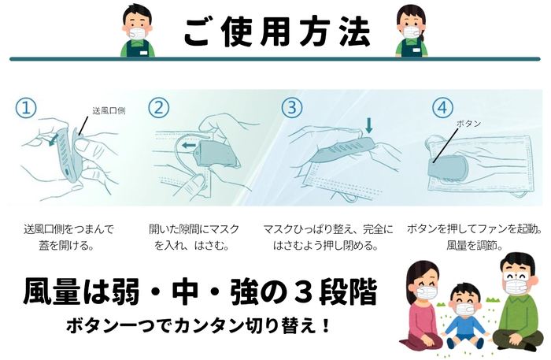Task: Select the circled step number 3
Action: [x=292, y=106]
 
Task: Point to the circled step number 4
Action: [x=442, y=106]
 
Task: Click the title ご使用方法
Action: [x=275, y=31]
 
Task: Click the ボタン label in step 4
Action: [x=468, y=124]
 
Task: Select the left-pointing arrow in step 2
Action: [x=187, y=147]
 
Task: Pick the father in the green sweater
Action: [x=512, y=303]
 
